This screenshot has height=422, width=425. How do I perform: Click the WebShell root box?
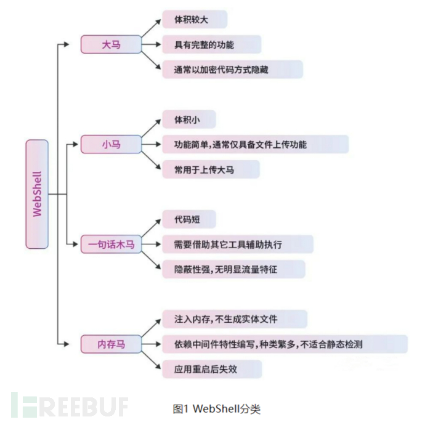point(37,194)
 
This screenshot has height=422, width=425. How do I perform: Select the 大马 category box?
point(111,44)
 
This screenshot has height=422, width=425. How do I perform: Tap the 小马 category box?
point(111,145)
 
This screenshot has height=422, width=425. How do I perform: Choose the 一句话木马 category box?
point(111,245)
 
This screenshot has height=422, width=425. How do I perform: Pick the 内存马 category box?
point(111,344)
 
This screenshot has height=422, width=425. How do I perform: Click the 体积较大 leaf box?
point(195,19)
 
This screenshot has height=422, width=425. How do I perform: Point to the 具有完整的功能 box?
point(211,44)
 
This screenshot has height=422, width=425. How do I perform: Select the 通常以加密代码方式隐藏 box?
point(232,70)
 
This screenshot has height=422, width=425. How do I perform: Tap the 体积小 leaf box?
point(189,119)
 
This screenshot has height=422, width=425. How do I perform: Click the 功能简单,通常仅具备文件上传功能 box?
point(255,145)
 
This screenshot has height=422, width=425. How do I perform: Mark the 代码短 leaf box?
point(189,219)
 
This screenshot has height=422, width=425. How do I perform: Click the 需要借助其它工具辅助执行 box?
point(237,245)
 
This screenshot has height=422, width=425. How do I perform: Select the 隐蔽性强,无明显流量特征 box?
point(233,269)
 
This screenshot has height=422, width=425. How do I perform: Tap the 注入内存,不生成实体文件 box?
point(235,319)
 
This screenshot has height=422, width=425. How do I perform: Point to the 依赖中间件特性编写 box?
point(285,344)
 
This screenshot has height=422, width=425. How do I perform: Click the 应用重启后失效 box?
point(212,369)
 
